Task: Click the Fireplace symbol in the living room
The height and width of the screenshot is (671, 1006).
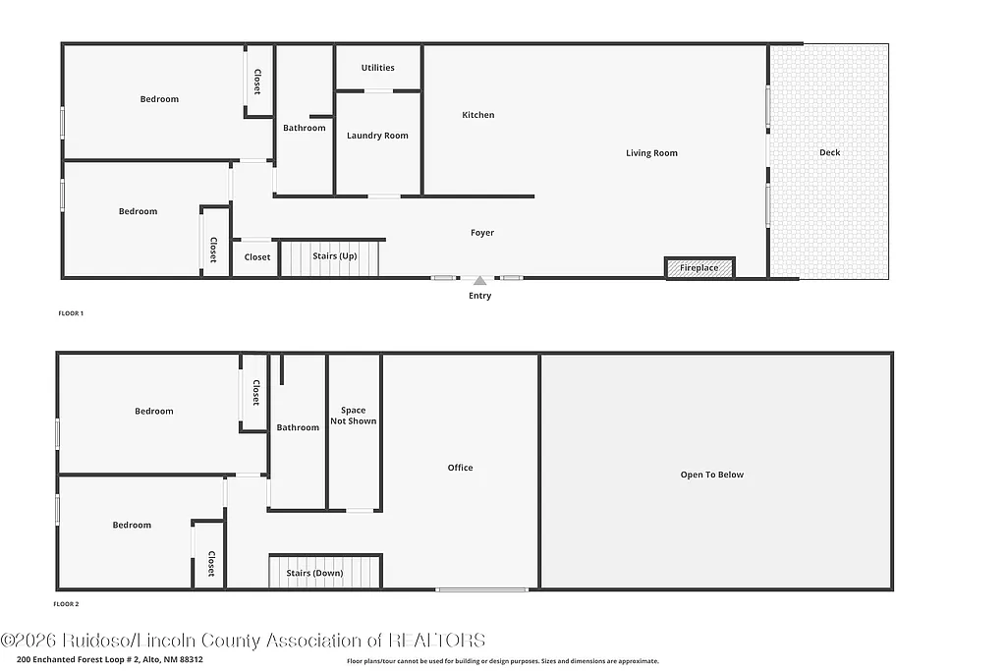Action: point(699,267)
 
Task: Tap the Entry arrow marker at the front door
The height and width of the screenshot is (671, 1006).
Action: point(479,281)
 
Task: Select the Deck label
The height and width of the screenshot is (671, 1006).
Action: point(830,152)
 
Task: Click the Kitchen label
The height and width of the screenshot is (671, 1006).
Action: point(478,115)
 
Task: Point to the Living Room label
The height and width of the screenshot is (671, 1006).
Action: point(651,152)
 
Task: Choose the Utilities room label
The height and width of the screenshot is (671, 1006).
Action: point(377,68)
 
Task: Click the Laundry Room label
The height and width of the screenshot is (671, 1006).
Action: point(377,136)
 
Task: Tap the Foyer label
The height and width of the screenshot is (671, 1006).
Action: point(481,233)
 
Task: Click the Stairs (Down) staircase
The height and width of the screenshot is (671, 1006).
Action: point(324,572)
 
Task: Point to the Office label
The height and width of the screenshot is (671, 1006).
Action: point(460,468)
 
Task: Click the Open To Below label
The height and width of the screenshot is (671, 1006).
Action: point(712,475)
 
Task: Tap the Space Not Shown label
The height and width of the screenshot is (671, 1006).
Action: point(353,416)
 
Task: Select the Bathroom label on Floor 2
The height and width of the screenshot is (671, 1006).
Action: point(298,427)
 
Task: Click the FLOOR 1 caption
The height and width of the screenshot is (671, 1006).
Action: point(71,313)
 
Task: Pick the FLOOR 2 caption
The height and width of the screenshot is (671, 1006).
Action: point(66,604)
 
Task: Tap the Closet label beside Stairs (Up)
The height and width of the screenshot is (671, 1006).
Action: point(257,257)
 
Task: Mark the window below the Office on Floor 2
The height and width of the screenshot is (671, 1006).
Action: point(481,589)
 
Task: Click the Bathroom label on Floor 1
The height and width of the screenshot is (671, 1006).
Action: point(305,128)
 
